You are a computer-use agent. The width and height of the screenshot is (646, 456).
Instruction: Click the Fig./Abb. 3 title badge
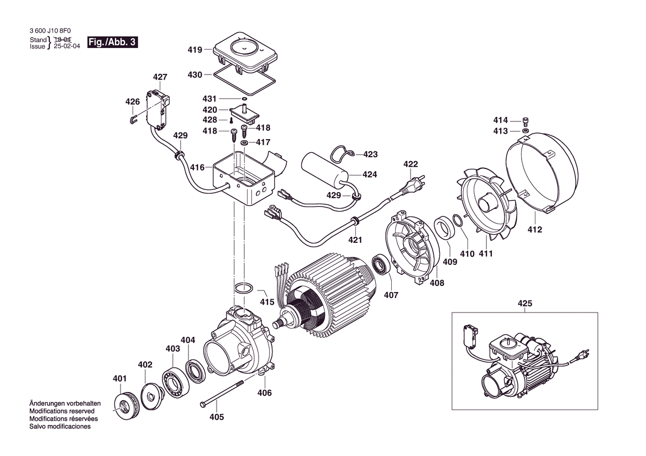coord(113,43)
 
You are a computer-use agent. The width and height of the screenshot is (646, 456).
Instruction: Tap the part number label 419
coord(195,50)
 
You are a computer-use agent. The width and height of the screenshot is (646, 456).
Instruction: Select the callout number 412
coord(535,229)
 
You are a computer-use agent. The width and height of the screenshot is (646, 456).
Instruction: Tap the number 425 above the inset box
coord(524,304)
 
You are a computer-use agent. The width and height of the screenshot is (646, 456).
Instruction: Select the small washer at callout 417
coord(244,142)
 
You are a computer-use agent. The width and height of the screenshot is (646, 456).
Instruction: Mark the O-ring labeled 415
coord(244,288)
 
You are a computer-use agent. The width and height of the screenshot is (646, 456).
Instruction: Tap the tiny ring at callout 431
coord(244,99)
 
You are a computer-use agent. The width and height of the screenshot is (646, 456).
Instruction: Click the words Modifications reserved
coord(62,411)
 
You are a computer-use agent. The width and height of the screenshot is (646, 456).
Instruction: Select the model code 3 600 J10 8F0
coord(50,30)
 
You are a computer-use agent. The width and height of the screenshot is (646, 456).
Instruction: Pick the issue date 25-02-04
coord(67,46)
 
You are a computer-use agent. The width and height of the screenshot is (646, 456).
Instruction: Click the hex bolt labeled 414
coord(526,121)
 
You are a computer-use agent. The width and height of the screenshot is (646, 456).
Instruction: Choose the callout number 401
coord(119,378)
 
